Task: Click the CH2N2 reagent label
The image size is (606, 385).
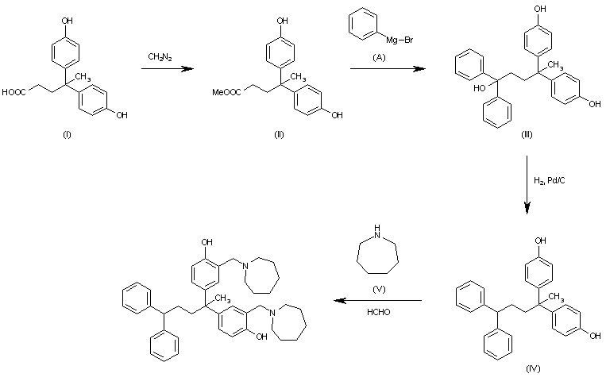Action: pyautogui.click(x=160, y=57)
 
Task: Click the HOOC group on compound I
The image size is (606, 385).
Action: pyautogui.click(x=14, y=92)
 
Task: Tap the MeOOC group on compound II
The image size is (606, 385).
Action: pyautogui.click(x=226, y=92)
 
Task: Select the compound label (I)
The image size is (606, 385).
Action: pyautogui.click(x=67, y=134)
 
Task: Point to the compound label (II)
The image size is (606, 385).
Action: pyautogui.click(x=279, y=134)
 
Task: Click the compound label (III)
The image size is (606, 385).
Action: pyautogui.click(x=527, y=134)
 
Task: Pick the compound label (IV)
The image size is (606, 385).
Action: pyautogui.click(x=533, y=368)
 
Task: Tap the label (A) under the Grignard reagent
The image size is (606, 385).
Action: pyautogui.click(x=379, y=57)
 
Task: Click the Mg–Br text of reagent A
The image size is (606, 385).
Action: pyautogui.click(x=399, y=40)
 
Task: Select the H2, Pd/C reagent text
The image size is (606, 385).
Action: pyautogui.click(x=549, y=180)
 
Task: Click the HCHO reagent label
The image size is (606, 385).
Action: pyautogui.click(x=378, y=312)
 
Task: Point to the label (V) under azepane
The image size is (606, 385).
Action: pyautogui.click(x=378, y=289)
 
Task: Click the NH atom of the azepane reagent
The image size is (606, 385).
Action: pyautogui.click(x=377, y=231)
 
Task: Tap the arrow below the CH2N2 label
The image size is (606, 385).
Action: pyautogui.click(x=167, y=69)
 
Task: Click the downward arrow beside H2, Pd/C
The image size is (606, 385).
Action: pyautogui.click(x=527, y=185)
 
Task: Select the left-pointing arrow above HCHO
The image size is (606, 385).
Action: pyautogui.click(x=377, y=300)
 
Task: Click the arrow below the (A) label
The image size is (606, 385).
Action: pyautogui.click(x=388, y=69)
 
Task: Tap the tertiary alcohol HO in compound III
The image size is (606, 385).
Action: pyautogui.click(x=479, y=88)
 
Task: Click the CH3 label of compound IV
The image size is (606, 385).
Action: pyautogui.click(x=557, y=297)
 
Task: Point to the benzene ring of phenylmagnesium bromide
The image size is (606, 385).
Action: pyautogui.click(x=363, y=24)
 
